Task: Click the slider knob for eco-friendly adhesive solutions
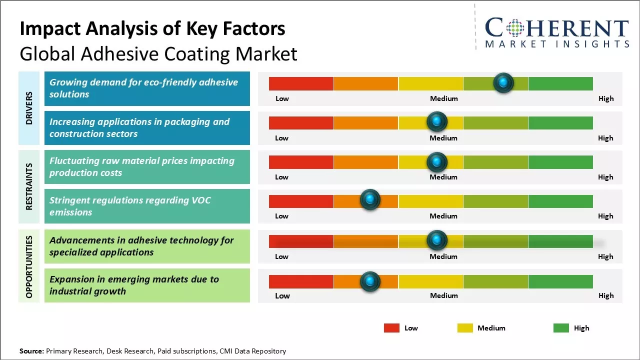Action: pyautogui.click(x=503, y=82)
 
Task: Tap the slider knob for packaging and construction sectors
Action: pyautogui.click(x=437, y=121)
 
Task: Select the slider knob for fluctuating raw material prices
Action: pyautogui.click(x=437, y=161)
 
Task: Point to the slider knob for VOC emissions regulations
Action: pyautogui.click(x=370, y=200)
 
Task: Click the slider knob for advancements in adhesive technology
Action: pyautogui.click(x=437, y=240)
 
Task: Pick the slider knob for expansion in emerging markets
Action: pyautogui.click(x=370, y=281)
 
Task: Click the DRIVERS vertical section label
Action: pyautogui.click(x=29, y=108)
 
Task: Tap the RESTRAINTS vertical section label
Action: pyautogui.click(x=29, y=186)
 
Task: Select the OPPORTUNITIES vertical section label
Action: pyautogui.click(x=29, y=266)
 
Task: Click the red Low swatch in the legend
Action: pyautogui.click(x=391, y=328)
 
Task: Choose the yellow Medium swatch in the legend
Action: pyautogui.click(x=465, y=328)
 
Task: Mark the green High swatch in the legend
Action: pyautogui.click(x=561, y=328)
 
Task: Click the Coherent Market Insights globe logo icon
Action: pyautogui.click(x=514, y=28)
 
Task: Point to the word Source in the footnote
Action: pyautogui.click(x=31, y=351)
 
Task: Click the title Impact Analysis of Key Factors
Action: pyautogui.click(x=152, y=28)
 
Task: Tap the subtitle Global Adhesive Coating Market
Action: pyautogui.click(x=158, y=53)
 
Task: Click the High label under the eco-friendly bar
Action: pyautogui.click(x=605, y=98)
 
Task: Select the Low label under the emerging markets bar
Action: pyautogui.click(x=282, y=295)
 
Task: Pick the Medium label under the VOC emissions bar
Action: pyautogui.click(x=443, y=216)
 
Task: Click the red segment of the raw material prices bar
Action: pyautogui.click(x=301, y=162)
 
